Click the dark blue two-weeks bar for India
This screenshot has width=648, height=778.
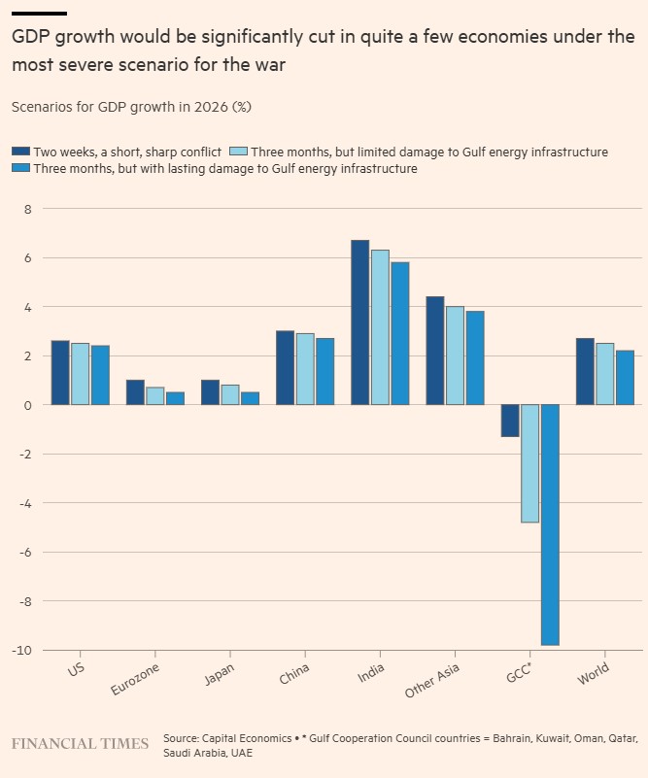point(359,322)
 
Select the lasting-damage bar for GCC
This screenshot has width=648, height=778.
point(550,524)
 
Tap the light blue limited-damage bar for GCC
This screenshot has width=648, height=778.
point(529,463)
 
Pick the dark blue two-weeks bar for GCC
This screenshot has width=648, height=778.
point(510,421)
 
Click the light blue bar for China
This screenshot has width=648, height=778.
point(305,369)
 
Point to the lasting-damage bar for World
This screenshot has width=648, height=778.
point(625,378)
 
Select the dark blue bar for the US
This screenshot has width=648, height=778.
point(60,373)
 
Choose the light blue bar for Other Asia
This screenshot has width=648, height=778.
point(455,355)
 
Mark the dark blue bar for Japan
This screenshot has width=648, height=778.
point(210,392)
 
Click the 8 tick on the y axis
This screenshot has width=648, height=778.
point(28,209)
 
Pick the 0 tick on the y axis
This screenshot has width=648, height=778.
point(28,405)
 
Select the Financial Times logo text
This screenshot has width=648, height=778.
point(80,744)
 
